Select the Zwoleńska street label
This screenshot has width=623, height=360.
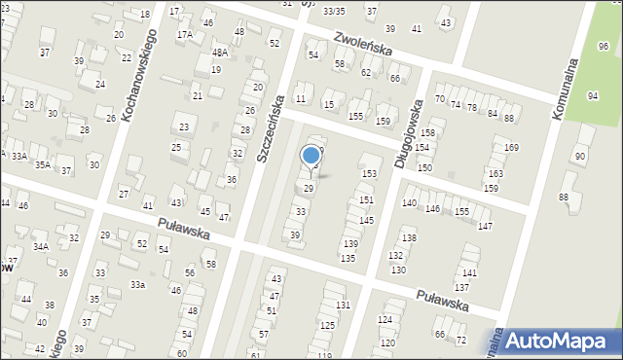[361, 46]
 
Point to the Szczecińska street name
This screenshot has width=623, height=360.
[268, 127]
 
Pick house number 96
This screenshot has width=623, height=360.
[605, 46]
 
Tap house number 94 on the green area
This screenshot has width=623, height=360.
[593, 95]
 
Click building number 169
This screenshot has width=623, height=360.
[511, 147]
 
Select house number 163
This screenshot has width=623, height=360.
[495, 173]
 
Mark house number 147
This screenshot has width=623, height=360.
[485, 226]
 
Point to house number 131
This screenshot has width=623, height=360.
[343, 305]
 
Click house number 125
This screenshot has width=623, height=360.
[326, 327]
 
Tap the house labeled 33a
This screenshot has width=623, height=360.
[138, 284]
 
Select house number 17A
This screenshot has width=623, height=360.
[184, 34]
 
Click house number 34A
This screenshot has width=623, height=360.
[40, 247]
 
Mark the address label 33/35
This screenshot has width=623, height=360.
[334, 11]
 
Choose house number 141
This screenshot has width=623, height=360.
[470, 273]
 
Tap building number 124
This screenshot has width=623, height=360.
[385, 319]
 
